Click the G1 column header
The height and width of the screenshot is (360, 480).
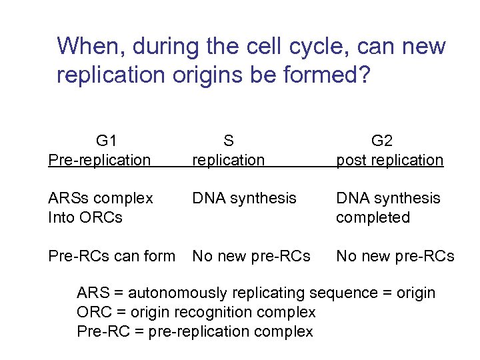click(x=107, y=141)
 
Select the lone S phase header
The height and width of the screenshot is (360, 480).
click(x=228, y=141)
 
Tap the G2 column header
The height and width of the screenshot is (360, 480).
click(x=382, y=141)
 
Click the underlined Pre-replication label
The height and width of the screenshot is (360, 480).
click(x=99, y=160)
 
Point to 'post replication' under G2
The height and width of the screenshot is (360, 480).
click(x=389, y=160)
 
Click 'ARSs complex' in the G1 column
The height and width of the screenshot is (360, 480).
click(x=100, y=199)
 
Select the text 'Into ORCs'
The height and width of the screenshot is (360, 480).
click(x=85, y=217)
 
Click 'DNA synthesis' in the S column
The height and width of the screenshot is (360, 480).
click(x=244, y=198)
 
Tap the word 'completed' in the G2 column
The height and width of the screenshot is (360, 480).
click(x=373, y=217)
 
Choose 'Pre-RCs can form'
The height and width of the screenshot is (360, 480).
click(x=111, y=255)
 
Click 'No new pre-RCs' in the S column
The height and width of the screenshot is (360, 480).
click(x=251, y=255)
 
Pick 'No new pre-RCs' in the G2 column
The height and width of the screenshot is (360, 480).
click(x=395, y=255)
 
